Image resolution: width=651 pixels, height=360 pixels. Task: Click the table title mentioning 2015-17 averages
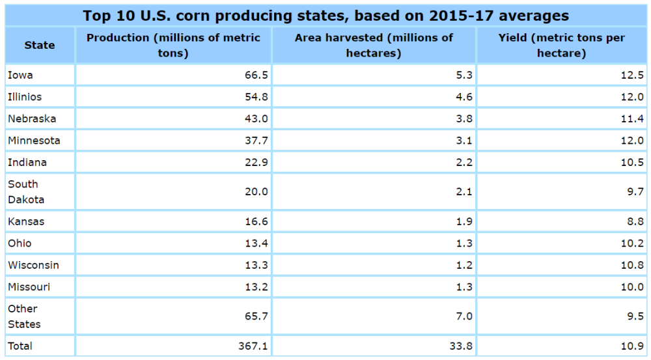click(x=325, y=16)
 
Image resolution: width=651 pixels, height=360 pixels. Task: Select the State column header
click(x=40, y=45)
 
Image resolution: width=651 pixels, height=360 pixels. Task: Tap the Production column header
click(x=173, y=45)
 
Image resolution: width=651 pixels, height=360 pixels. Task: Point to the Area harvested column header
click(x=374, y=45)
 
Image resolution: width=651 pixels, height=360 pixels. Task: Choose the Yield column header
click(x=561, y=45)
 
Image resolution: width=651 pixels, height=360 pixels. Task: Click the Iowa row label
click(x=20, y=75)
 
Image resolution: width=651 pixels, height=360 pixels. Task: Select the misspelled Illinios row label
click(x=25, y=97)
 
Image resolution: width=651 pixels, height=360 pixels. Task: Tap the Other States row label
click(x=24, y=316)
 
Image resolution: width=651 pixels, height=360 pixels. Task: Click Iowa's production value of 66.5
click(x=255, y=75)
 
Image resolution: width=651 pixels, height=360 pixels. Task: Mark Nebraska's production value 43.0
click(x=255, y=119)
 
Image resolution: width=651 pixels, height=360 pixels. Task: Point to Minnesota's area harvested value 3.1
click(x=464, y=141)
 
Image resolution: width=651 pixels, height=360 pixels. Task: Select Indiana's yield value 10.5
click(x=632, y=163)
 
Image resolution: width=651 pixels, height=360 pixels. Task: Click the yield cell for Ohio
click(x=632, y=243)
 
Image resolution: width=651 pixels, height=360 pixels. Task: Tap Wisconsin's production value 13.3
click(x=255, y=266)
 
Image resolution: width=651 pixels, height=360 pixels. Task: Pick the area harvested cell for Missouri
click(x=464, y=287)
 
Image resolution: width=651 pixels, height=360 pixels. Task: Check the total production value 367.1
click(x=253, y=346)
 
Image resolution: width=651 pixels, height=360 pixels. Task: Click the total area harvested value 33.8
click(x=461, y=346)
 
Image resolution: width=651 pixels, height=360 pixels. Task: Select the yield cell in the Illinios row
click(x=632, y=97)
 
